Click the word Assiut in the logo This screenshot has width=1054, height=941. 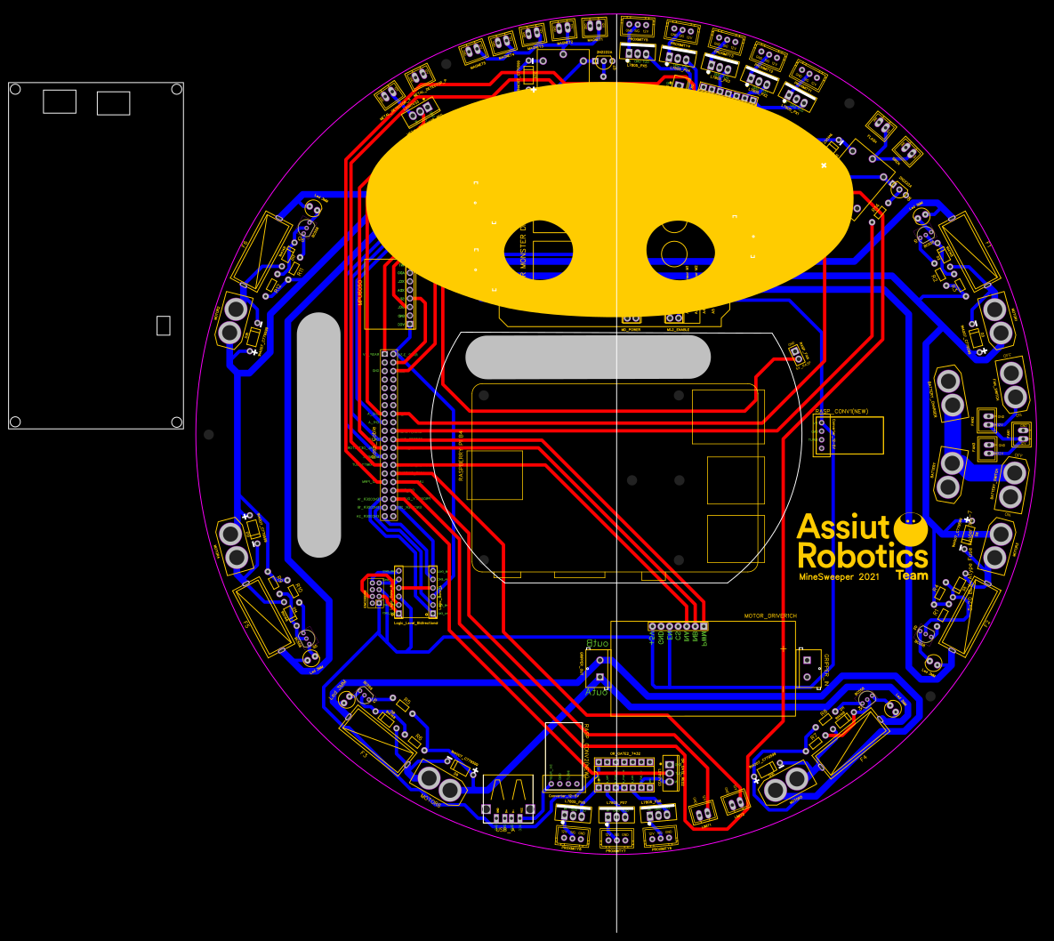coord(843,527)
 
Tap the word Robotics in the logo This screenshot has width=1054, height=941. coord(862,557)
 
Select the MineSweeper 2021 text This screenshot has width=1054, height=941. coord(839,577)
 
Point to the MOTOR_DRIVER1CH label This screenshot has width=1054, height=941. coord(770,615)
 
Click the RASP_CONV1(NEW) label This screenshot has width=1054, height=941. coord(847,411)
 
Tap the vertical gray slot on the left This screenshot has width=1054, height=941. coord(318,435)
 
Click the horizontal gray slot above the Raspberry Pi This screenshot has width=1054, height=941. coord(587,358)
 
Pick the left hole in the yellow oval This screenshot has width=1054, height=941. coord(539,249)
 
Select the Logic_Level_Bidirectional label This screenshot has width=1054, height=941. coord(415,623)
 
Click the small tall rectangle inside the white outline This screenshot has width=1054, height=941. coord(163,326)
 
